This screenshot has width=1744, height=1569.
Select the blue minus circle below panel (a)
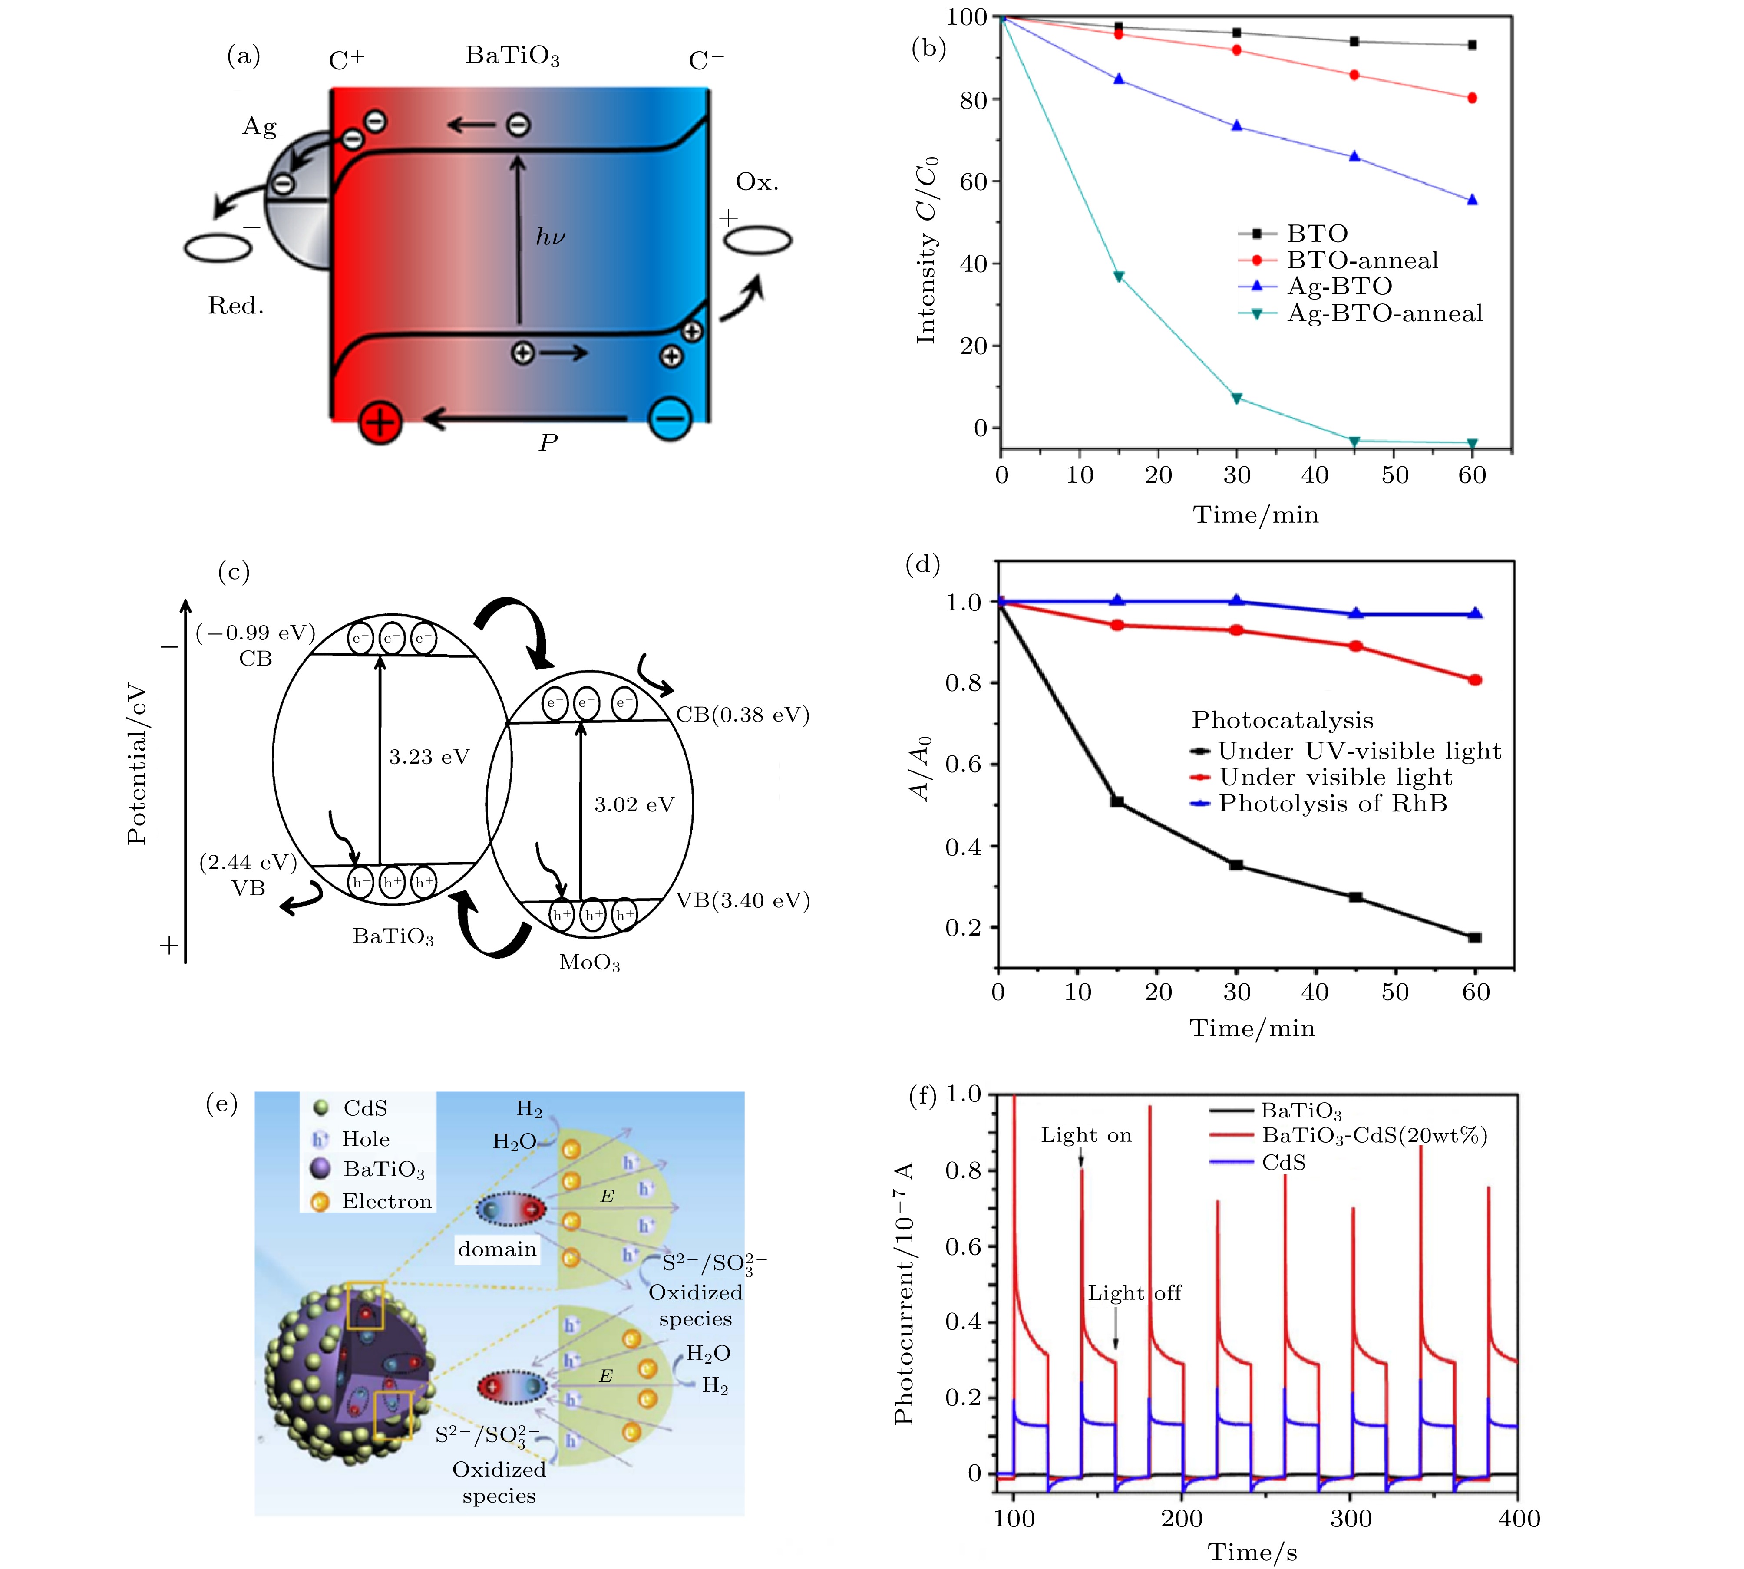coord(670,419)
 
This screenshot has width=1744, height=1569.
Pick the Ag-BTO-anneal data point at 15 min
coord(1119,277)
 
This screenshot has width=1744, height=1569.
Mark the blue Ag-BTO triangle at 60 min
coord(1472,200)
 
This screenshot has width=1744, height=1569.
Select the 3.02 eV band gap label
coord(634,804)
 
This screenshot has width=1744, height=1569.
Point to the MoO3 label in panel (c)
coord(590,962)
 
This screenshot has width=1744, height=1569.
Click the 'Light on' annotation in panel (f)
coord(1085,1135)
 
